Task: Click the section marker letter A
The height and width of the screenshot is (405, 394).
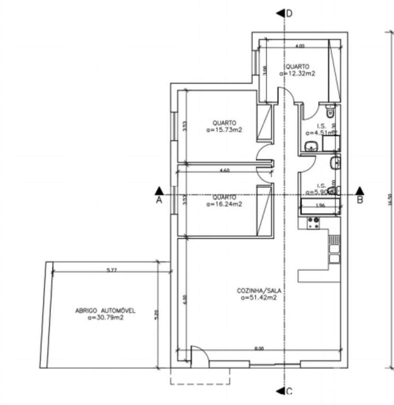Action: point(159,199)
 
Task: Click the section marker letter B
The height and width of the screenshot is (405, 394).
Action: point(360,199)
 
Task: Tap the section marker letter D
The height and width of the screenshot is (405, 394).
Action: point(289,13)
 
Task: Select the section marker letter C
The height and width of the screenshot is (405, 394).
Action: point(289,391)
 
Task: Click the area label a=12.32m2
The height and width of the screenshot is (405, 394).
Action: point(297,73)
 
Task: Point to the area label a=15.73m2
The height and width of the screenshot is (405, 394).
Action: point(224,130)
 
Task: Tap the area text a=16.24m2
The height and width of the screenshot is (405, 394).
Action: point(224,204)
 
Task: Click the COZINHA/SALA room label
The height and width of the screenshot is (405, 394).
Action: point(259,291)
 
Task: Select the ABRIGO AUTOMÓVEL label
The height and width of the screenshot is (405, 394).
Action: point(105,311)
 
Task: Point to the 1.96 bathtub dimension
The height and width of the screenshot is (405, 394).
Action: point(321,205)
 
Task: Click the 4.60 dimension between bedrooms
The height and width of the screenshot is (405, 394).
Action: point(224,171)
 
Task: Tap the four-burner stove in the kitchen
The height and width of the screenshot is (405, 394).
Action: point(313,222)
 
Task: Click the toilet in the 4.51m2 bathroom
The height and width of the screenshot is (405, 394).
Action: point(330,111)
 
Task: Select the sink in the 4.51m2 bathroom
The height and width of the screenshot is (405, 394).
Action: point(311,146)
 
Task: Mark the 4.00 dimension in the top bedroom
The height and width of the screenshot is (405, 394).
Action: point(299,46)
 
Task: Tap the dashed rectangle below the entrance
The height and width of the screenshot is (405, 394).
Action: point(200,377)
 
